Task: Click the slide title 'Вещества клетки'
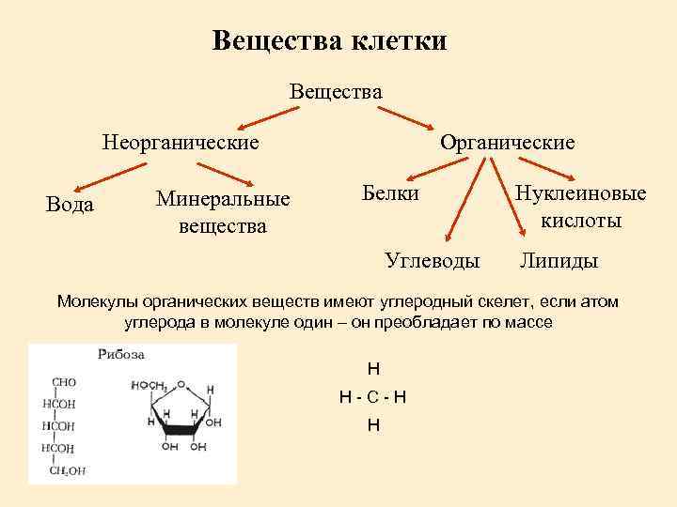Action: (x=329, y=41)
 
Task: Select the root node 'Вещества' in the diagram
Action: (x=337, y=92)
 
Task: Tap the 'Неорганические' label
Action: (x=181, y=143)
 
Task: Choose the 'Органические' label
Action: (x=508, y=143)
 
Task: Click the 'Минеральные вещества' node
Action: (x=223, y=212)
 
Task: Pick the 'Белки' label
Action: (x=390, y=193)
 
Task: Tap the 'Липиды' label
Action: (x=559, y=260)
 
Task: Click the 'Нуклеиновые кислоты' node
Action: (x=580, y=207)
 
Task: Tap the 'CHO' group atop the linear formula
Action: (x=64, y=382)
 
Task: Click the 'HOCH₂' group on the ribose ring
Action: (x=148, y=386)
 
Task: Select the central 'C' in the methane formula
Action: (x=373, y=396)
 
